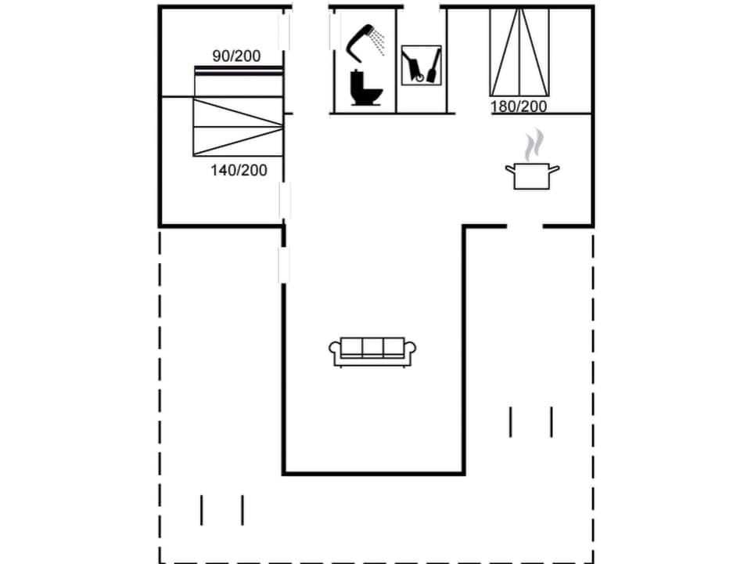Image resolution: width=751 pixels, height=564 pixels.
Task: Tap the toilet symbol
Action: (x=365, y=89)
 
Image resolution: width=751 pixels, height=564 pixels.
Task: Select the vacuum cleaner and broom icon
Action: (x=421, y=65)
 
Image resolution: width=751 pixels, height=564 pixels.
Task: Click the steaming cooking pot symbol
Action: (x=532, y=175)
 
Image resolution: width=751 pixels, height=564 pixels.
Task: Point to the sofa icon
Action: (x=372, y=352)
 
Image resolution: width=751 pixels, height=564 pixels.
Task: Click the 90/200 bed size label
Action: (x=236, y=56)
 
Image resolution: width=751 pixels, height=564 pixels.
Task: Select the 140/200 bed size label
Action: (x=239, y=169)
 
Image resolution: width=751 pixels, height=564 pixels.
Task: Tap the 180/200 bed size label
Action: (x=519, y=107)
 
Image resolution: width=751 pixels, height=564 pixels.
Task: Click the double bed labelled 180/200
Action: (x=519, y=52)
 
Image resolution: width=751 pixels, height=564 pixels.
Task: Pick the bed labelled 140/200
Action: (x=238, y=126)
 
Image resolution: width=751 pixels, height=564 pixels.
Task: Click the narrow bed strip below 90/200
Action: (x=238, y=71)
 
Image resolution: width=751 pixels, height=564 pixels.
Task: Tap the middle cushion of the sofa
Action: (x=372, y=348)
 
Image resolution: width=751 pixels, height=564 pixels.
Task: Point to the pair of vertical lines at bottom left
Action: (x=222, y=510)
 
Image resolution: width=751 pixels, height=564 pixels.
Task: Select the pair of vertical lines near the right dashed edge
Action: (x=531, y=421)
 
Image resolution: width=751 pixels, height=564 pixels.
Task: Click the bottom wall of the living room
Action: (x=373, y=473)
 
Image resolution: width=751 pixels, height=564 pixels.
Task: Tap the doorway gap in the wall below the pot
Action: (x=525, y=226)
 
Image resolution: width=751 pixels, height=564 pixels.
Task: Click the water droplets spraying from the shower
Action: (x=379, y=43)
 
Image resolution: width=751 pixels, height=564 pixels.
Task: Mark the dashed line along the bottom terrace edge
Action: (x=375, y=562)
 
